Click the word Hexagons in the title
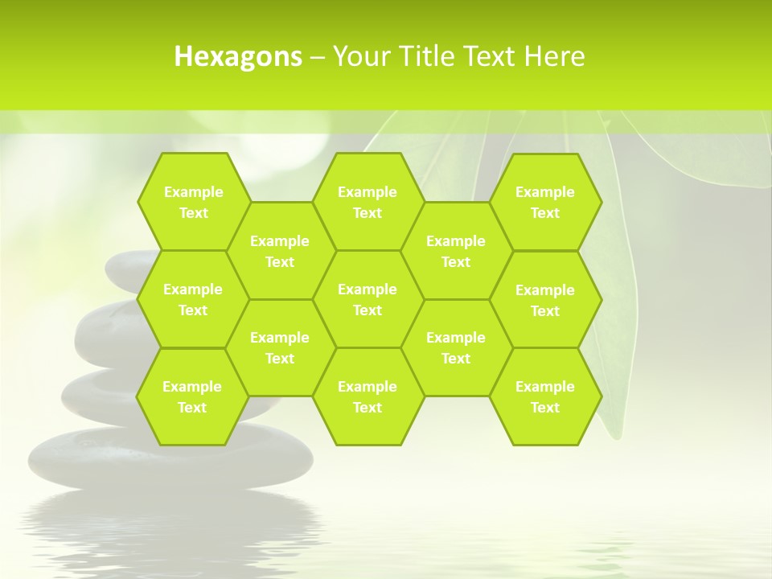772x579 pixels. [238, 56]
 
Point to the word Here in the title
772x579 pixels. [555, 56]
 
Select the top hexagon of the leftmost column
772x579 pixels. [193, 202]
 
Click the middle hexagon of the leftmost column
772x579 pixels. [193, 299]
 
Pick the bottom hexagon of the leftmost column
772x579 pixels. [192, 396]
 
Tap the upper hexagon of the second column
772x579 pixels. [280, 251]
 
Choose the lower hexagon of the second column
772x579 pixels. [280, 347]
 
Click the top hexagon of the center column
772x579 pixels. [368, 202]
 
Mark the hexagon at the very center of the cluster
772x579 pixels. [368, 299]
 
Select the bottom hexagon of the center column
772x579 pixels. [368, 396]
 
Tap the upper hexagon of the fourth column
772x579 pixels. [456, 251]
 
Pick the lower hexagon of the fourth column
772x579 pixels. [456, 347]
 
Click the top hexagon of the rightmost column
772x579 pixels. [545, 202]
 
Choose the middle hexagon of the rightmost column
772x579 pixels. [545, 300]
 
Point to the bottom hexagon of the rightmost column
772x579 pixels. [545, 396]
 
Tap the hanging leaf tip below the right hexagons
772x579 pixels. [615, 430]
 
